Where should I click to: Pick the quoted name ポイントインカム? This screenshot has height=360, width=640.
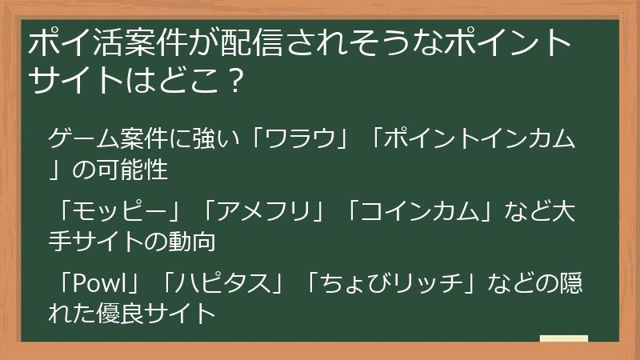478,139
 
